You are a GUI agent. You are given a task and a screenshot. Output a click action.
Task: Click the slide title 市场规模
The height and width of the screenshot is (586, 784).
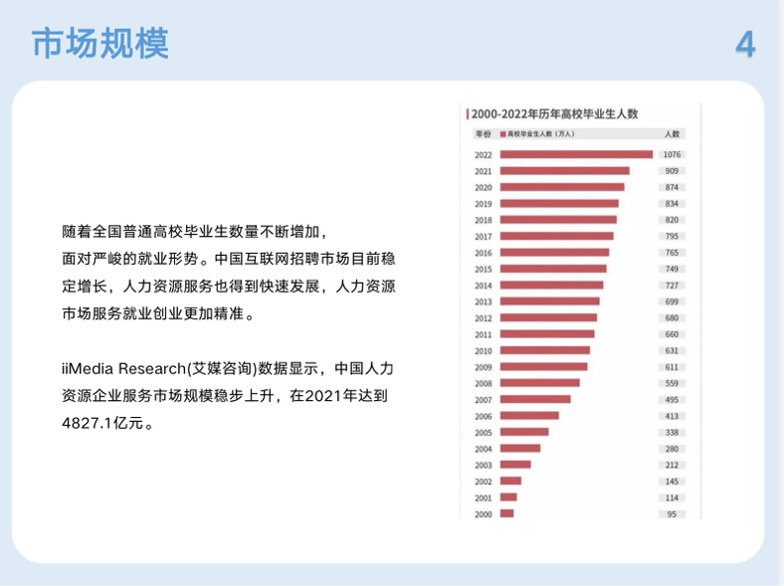(100, 44)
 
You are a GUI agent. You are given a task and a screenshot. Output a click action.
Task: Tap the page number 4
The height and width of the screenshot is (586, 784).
(745, 44)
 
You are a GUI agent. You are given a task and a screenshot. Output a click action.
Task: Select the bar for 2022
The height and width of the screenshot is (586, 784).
(576, 154)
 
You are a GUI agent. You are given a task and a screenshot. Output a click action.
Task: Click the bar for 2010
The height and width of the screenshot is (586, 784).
(545, 350)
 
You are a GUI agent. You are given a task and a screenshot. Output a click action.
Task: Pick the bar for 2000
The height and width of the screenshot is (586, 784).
(507, 513)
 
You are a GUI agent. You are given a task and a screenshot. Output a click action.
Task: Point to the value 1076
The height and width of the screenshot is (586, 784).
(672, 154)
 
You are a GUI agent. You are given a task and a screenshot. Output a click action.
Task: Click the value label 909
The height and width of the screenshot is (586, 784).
(672, 171)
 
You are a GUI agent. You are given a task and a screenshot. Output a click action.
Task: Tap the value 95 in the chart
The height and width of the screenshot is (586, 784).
(672, 514)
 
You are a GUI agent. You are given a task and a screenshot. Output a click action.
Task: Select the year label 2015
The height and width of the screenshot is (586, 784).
(483, 269)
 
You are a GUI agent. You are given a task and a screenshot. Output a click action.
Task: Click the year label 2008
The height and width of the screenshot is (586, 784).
(483, 383)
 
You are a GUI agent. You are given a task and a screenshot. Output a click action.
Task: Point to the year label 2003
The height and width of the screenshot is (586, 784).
(483, 465)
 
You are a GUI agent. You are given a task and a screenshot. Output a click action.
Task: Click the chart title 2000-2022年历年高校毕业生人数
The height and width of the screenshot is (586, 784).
(554, 114)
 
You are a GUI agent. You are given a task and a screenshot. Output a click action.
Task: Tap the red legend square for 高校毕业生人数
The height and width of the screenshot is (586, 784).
(503, 134)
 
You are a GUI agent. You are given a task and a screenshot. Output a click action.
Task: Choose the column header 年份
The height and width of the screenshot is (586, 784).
(483, 133)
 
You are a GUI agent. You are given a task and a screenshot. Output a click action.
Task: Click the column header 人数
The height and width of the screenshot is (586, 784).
(672, 133)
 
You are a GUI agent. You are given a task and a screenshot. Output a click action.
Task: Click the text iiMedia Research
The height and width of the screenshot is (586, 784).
(123, 368)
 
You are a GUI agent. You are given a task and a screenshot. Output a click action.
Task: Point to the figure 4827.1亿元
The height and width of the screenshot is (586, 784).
(102, 423)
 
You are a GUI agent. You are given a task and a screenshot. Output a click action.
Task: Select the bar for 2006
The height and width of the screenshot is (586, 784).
(529, 416)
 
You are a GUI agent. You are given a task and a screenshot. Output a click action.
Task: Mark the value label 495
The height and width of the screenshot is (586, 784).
(672, 400)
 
